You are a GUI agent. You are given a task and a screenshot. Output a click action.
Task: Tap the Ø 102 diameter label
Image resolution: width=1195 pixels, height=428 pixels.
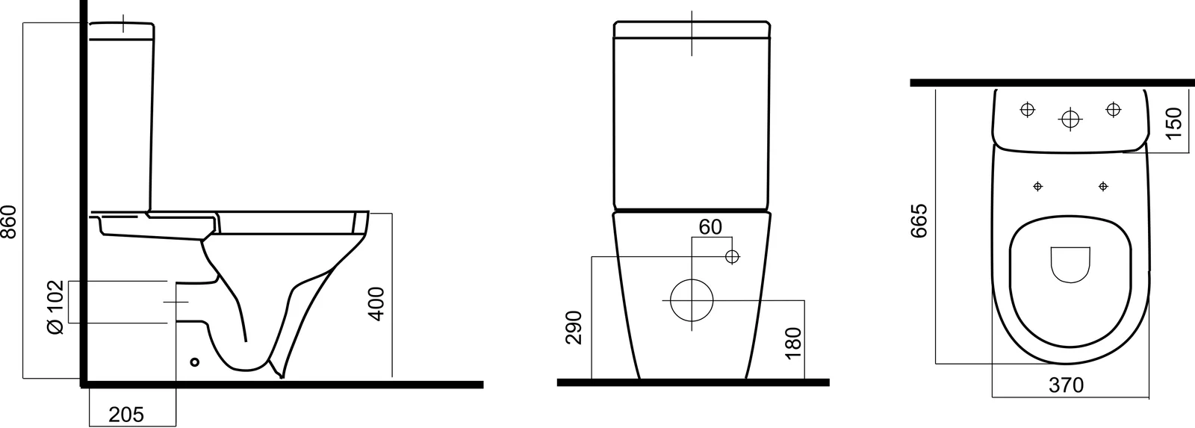[x=55, y=307]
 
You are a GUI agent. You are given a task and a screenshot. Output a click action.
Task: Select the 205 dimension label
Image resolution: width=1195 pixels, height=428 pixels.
[x=126, y=414]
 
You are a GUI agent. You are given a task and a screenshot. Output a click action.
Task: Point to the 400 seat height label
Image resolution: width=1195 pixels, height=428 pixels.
[x=376, y=304]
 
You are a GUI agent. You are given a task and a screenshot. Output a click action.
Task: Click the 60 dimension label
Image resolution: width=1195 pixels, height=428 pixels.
[x=710, y=227]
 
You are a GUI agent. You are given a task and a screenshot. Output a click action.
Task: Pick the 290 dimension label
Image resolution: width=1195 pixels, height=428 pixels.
[x=574, y=327]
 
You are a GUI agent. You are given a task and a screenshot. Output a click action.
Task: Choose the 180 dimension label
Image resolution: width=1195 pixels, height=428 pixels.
[x=793, y=343]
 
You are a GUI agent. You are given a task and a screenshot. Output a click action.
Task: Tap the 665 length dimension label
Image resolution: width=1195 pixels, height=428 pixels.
[x=919, y=220]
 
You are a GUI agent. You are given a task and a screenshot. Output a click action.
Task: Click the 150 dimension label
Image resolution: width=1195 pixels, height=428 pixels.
[x=1174, y=122]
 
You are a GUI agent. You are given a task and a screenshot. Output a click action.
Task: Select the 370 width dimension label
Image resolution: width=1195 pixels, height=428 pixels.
[x=1067, y=385]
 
